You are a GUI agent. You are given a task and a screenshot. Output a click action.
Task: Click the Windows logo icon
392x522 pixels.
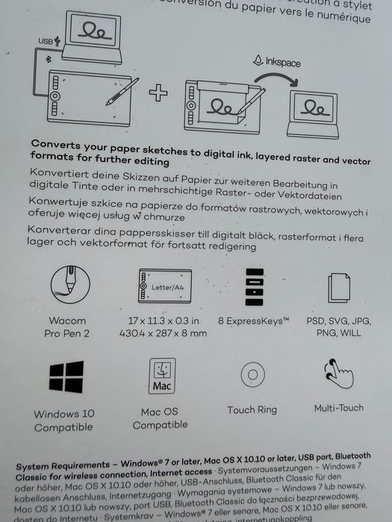(x=66, y=377)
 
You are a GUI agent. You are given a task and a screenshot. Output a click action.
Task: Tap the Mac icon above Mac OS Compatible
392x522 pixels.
(x=162, y=377)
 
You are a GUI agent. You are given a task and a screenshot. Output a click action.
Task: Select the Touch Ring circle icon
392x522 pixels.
(x=252, y=374)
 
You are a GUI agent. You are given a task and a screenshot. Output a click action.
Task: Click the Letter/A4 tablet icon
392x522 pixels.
(x=162, y=286)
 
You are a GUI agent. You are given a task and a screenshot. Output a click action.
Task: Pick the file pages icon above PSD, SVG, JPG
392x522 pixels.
(x=339, y=287)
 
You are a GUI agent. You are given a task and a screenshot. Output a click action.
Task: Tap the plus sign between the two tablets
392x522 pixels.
(x=158, y=93)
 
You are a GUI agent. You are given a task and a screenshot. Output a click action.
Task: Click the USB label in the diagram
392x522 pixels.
(x=46, y=43)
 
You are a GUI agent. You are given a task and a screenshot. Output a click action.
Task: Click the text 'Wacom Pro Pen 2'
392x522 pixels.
(x=67, y=327)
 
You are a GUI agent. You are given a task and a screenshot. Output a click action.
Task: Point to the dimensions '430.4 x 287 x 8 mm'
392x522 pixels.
(x=162, y=333)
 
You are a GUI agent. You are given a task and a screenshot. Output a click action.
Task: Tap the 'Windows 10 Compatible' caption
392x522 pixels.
(x=64, y=421)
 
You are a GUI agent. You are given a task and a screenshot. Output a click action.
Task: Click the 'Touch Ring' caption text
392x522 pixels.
(x=252, y=409)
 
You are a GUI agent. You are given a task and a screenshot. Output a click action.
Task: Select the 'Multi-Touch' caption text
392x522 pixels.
(x=340, y=409)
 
